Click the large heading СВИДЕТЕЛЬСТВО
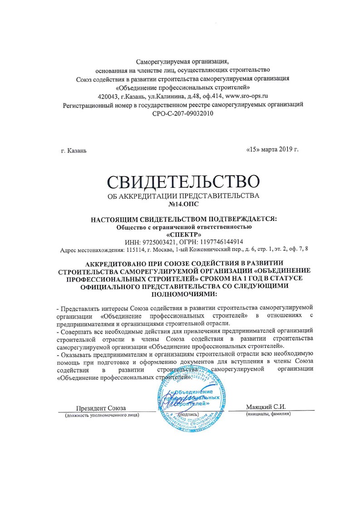(x=183, y=182)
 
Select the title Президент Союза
(x=101, y=407)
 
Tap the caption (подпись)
(x=188, y=414)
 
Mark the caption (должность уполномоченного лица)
(x=102, y=415)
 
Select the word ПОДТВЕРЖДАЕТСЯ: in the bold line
(x=237, y=219)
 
